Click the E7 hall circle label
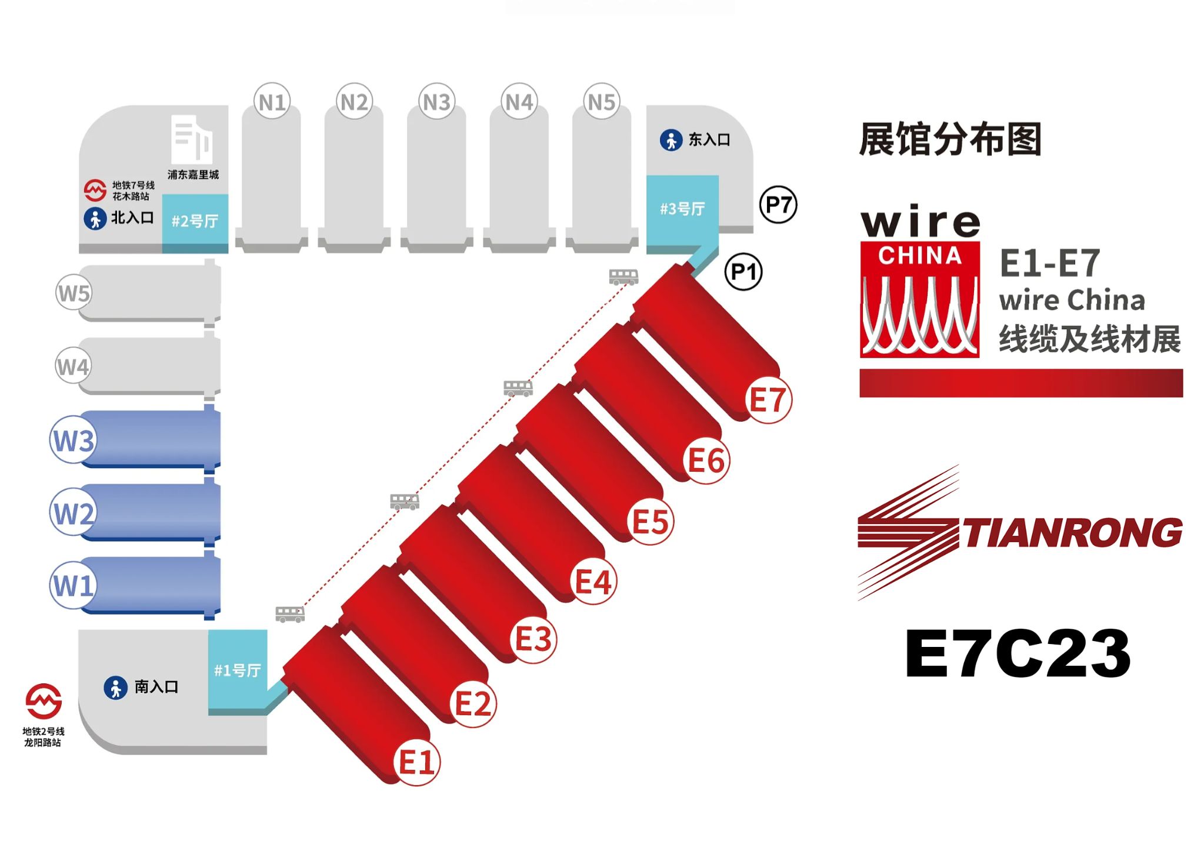point(768,400)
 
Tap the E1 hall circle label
point(417,762)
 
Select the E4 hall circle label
point(593,582)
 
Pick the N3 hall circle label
point(436,102)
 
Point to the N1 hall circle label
point(272,102)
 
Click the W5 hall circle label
point(74,292)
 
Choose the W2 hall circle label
point(74,512)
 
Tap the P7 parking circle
point(778,205)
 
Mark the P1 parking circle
point(743,272)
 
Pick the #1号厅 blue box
point(238,672)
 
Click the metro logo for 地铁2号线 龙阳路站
point(44,701)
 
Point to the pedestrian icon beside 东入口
point(671,140)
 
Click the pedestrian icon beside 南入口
point(116,687)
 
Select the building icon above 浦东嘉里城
point(192,139)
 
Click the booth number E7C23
point(1018,653)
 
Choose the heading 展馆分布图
point(950,139)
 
